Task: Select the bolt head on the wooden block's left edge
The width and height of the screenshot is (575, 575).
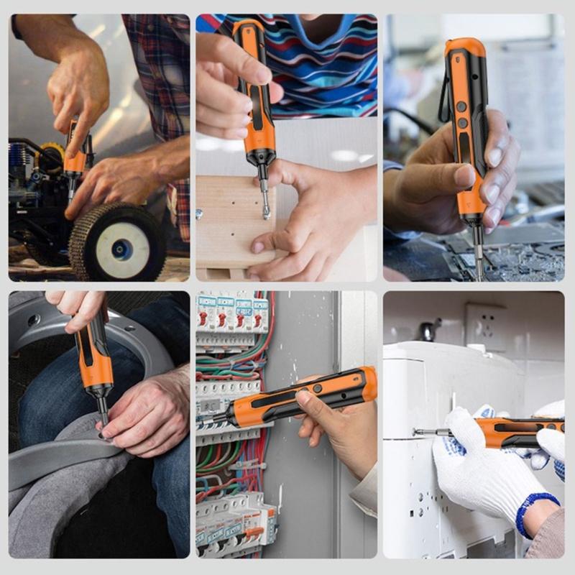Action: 199,213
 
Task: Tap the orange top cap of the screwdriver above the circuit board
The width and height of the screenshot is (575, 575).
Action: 463,47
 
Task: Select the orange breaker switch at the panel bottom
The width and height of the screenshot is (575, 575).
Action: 253,532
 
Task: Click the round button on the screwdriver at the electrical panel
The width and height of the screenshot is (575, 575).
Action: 317,389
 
